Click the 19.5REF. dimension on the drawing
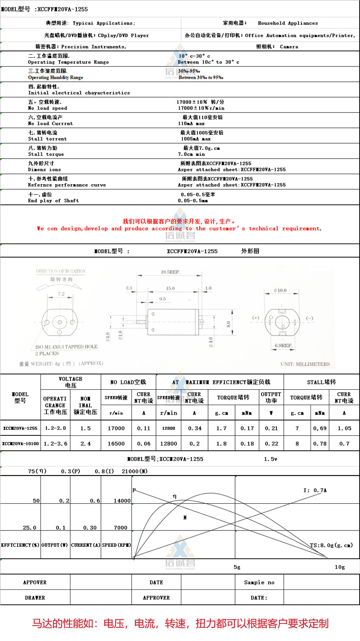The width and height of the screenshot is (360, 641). (x=170, y=272)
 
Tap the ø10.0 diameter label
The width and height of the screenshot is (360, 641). (x=280, y=290)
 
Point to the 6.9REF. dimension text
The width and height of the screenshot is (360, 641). (x=283, y=345)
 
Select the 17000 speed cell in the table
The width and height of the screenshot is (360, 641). (x=116, y=428)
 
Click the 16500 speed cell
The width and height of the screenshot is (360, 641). (x=116, y=444)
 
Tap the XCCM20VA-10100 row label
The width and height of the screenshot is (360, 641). (x=20, y=444)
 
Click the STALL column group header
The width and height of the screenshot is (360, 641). (x=321, y=382)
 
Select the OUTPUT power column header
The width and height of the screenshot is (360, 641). (x=271, y=397)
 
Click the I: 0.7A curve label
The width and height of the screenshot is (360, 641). (x=315, y=490)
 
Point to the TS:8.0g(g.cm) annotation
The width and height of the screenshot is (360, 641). (x=331, y=545)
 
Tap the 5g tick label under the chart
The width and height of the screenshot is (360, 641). (x=237, y=567)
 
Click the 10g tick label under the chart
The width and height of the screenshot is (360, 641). (x=340, y=567)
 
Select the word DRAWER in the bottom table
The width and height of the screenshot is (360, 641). (x=35, y=597)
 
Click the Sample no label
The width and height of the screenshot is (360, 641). (x=259, y=582)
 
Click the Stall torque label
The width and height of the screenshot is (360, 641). (x=46, y=154)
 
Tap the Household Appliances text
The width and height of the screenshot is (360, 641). (x=287, y=23)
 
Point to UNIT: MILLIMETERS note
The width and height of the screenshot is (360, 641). (x=305, y=364)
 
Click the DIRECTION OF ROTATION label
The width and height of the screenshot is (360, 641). (x=61, y=271)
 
